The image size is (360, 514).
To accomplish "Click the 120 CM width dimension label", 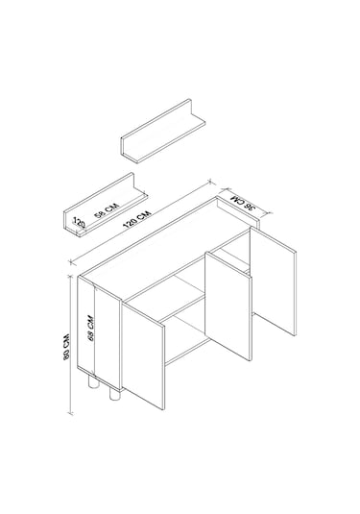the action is [137, 219].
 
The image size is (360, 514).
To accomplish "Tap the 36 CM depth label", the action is [243, 203].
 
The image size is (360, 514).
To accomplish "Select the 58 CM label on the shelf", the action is [107, 210].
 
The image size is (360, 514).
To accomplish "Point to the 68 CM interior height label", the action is [91, 329].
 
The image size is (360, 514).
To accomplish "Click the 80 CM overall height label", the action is [67, 347].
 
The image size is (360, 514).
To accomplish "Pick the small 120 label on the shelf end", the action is [79, 223].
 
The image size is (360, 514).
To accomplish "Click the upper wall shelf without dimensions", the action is [163, 131].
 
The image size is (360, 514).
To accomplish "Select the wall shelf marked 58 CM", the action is [105, 205].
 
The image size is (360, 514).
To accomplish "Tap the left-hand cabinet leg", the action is [93, 382].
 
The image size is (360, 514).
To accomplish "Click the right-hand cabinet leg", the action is [114, 393].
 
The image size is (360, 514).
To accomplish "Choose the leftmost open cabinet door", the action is [143, 356].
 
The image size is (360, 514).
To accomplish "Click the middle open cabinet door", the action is [228, 306].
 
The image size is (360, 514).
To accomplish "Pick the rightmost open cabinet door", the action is [274, 281].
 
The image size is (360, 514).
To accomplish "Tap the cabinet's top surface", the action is [164, 248].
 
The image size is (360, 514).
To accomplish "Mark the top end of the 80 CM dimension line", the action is [70, 276].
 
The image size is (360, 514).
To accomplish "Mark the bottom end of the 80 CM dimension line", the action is [70, 413].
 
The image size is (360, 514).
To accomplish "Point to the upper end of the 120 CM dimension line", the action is [211, 181].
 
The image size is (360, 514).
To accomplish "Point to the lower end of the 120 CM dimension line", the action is [71, 261].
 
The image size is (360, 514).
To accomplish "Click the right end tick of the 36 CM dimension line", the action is [270, 213].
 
